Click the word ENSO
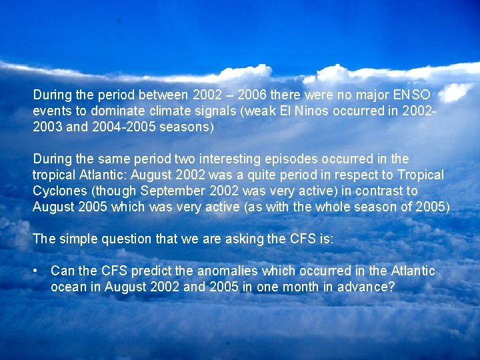tap(412, 95)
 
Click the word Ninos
tap(312, 111)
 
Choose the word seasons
tap(189, 127)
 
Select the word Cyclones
tap(59, 191)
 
